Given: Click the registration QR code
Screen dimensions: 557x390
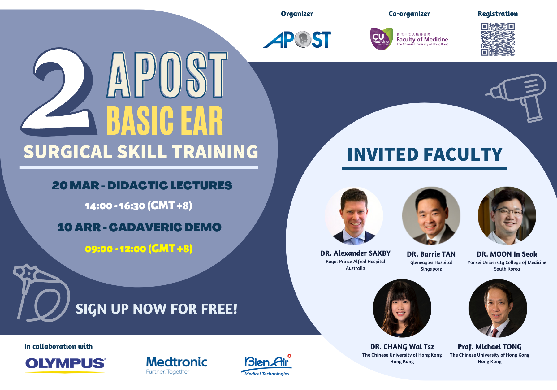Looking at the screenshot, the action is (498, 39).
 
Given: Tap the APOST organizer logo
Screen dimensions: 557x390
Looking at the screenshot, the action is (297, 39).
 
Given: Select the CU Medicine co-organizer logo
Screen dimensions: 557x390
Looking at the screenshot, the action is (409, 39).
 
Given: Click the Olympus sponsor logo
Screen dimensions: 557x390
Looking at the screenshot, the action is (66, 365).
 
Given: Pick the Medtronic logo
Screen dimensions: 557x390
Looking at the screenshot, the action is (177, 365).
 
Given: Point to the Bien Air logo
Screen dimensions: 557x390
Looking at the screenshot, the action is (266, 365).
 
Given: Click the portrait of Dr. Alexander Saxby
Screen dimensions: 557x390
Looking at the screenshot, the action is (354, 216).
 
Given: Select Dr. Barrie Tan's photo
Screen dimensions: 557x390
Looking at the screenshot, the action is (431, 216).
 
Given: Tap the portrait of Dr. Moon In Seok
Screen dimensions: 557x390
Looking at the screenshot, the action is (507, 216).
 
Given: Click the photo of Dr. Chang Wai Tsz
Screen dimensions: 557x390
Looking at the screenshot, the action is (402, 308).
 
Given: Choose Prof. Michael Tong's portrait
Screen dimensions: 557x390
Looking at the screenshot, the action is (498, 308).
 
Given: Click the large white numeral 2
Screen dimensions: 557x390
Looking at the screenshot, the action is (59, 91).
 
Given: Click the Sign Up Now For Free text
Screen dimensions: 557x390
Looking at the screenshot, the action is (157, 309).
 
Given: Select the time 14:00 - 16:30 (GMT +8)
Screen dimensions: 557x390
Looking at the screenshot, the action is (139, 206).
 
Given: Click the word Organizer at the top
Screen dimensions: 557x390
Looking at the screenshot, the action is (297, 14).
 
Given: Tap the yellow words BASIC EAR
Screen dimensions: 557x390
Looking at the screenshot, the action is (165, 121).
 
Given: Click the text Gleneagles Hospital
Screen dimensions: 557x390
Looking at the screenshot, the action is (431, 262).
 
